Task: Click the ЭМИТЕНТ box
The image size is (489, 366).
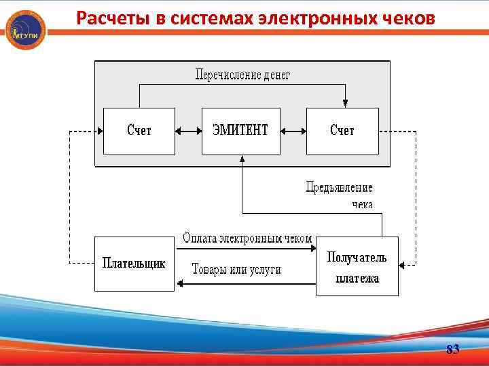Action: [x=240, y=131]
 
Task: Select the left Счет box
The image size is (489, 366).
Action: [x=139, y=131]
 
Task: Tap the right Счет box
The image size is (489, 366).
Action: [x=342, y=131]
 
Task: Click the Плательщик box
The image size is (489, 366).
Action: [x=134, y=264]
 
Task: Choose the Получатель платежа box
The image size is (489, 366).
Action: [x=357, y=266]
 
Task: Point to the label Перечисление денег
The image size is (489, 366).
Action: [x=242, y=75]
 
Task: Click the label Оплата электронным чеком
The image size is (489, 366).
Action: [x=247, y=238]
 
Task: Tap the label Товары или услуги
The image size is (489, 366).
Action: [x=236, y=269]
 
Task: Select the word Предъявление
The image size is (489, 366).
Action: [x=339, y=188]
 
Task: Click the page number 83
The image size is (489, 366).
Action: [x=452, y=350]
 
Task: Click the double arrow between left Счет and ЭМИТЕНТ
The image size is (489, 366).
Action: [x=188, y=131]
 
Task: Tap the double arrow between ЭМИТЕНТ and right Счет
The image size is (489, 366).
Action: [x=293, y=131]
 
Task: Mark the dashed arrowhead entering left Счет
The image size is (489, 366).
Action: [x=99, y=131]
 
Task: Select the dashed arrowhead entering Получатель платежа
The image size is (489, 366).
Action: [x=403, y=264]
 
